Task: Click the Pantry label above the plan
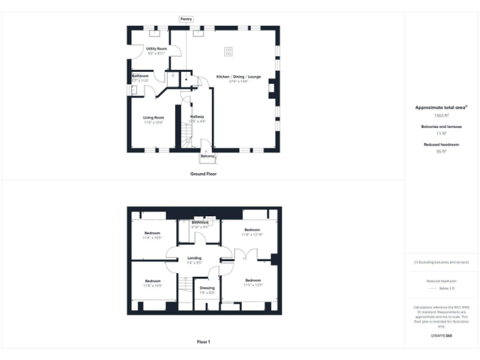(x=186, y=19)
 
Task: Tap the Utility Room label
(x=156, y=48)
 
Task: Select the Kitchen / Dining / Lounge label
(x=239, y=76)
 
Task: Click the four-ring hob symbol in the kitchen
(x=229, y=52)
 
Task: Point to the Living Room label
(x=153, y=117)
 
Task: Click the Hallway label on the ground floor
(x=197, y=117)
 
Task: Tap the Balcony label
(x=207, y=156)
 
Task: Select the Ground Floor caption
(x=203, y=173)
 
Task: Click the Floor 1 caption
(x=203, y=342)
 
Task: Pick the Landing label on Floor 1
(x=194, y=258)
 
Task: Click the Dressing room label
(x=207, y=287)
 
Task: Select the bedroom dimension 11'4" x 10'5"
(x=152, y=238)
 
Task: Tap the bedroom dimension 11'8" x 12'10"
(x=252, y=234)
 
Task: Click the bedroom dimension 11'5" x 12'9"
(x=252, y=285)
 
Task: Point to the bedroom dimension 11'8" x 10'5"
(x=152, y=286)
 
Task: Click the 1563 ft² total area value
(x=441, y=116)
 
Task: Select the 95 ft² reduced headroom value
(x=441, y=151)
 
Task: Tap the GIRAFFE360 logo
(x=441, y=336)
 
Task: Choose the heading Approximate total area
(x=441, y=107)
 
